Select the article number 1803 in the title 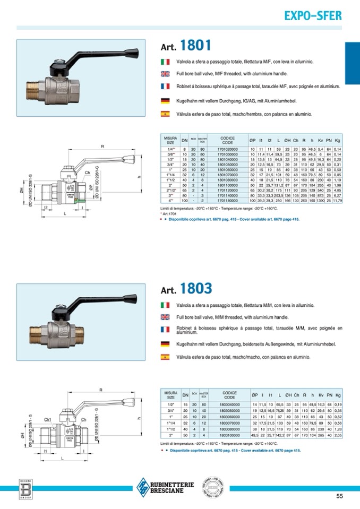pyautogui.click(x=196, y=288)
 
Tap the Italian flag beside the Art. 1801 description pyautogui.click(x=165, y=62)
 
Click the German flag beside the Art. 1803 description pyautogui.click(x=165, y=344)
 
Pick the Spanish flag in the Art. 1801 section pyautogui.click(x=165, y=114)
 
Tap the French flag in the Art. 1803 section pyautogui.click(x=165, y=330)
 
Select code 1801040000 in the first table pyautogui.click(x=227, y=159)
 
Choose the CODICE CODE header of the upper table pyautogui.click(x=227, y=141)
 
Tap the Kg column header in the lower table pyautogui.click(x=338, y=395)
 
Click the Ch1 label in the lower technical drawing pyautogui.click(x=48, y=420)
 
